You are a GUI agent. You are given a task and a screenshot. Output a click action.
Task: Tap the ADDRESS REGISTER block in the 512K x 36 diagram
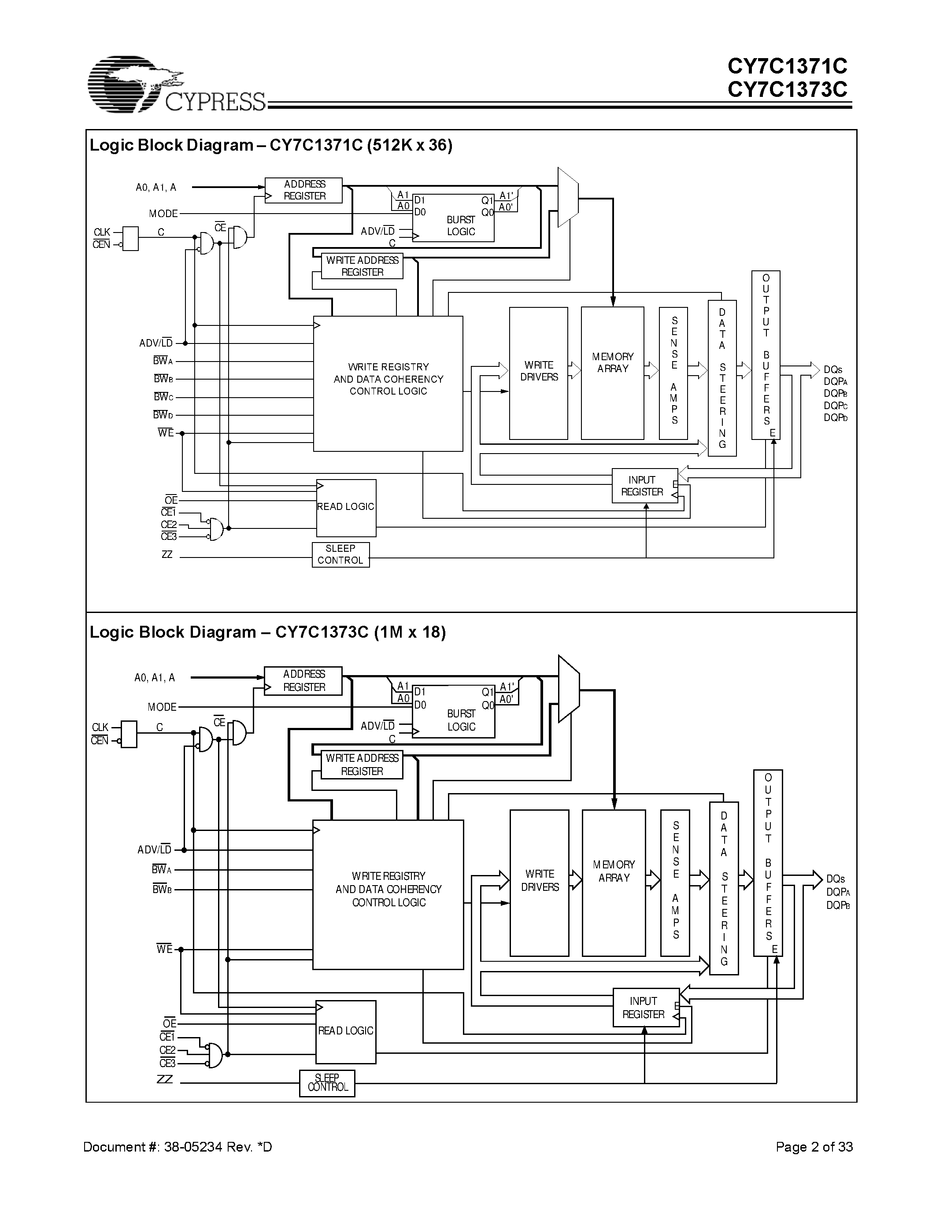click(x=303, y=190)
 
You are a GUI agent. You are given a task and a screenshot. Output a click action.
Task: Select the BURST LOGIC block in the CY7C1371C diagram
click(x=454, y=218)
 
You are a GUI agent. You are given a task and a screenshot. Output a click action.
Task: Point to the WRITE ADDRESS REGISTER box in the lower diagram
click(x=362, y=764)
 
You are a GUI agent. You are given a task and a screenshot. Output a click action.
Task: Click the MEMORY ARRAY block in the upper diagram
click(x=612, y=373)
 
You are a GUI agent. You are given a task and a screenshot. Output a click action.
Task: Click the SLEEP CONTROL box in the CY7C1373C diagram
click(x=327, y=1083)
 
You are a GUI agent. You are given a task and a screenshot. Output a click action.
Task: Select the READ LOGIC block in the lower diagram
click(x=345, y=1031)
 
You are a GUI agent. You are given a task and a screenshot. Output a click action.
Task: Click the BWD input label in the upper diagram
click(x=163, y=415)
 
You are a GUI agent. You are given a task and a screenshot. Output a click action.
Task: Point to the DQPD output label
click(x=835, y=417)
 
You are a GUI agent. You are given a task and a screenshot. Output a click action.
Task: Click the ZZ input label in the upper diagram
click(x=166, y=554)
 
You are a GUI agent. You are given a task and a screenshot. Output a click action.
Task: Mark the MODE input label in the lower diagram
click(x=162, y=707)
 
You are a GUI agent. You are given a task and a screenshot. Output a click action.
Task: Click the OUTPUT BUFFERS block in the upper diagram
click(x=766, y=355)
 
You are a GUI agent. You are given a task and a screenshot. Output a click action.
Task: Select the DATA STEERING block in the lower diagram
click(x=724, y=888)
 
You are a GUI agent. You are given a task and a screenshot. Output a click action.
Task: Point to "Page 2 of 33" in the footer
click(x=814, y=1147)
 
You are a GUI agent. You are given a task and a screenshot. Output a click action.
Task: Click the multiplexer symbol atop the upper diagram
click(x=567, y=197)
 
